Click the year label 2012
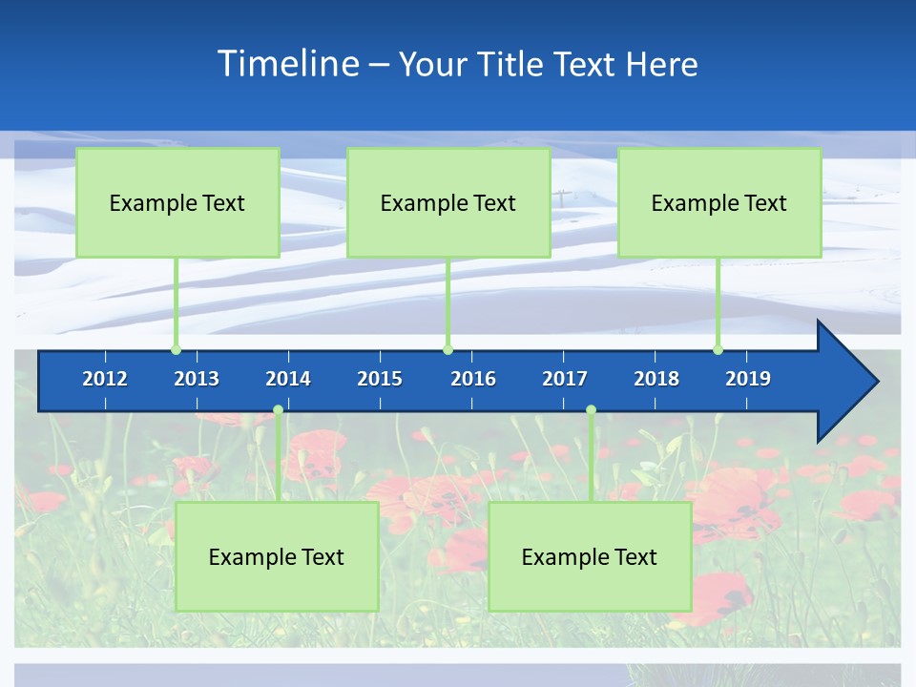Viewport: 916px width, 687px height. (105, 379)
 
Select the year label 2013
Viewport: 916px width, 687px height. (197, 379)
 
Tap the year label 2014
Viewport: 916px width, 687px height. (288, 379)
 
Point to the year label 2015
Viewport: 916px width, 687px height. (380, 379)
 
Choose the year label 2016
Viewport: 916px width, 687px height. (473, 379)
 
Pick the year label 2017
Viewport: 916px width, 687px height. (565, 379)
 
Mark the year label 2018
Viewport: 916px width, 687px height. (656, 379)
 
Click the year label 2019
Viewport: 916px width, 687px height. (748, 379)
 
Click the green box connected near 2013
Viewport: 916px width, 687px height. (177, 202)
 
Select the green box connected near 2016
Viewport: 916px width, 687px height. (448, 202)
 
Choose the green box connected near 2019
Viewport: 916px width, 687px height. (719, 202)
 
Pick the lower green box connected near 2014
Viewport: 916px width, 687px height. (277, 556)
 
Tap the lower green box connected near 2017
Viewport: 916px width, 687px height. (590, 556)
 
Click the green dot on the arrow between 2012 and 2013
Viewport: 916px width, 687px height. (176, 349)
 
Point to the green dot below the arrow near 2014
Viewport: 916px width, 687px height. (278, 410)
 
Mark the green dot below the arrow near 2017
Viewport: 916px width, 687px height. (591, 410)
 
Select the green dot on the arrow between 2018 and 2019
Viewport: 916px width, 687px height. (718, 349)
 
